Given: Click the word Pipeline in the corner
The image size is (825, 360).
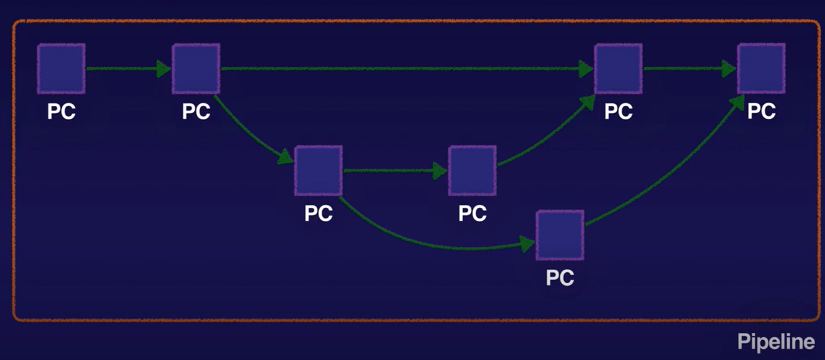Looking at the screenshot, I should coord(776,342).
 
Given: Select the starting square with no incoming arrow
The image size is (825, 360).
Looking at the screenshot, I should coord(61,68).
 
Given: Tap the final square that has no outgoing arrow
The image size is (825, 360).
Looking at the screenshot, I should coord(761,68).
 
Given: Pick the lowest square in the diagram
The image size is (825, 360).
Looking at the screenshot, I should coord(560,235).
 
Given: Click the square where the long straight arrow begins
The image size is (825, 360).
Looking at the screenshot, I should coord(196,68).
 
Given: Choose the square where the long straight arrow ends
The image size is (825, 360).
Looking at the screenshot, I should coord(618,68).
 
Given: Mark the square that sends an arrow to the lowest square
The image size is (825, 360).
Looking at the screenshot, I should coord(318,170).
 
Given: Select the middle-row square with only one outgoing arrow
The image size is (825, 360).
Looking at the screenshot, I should coord(472,170).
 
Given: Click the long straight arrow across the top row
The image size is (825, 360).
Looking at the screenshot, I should coord(402,69).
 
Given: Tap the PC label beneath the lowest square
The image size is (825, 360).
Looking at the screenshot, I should coord(560,278).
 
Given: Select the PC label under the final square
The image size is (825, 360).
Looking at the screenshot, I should coord(761,111).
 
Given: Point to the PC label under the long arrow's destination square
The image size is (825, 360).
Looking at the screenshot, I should coord(618,111).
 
